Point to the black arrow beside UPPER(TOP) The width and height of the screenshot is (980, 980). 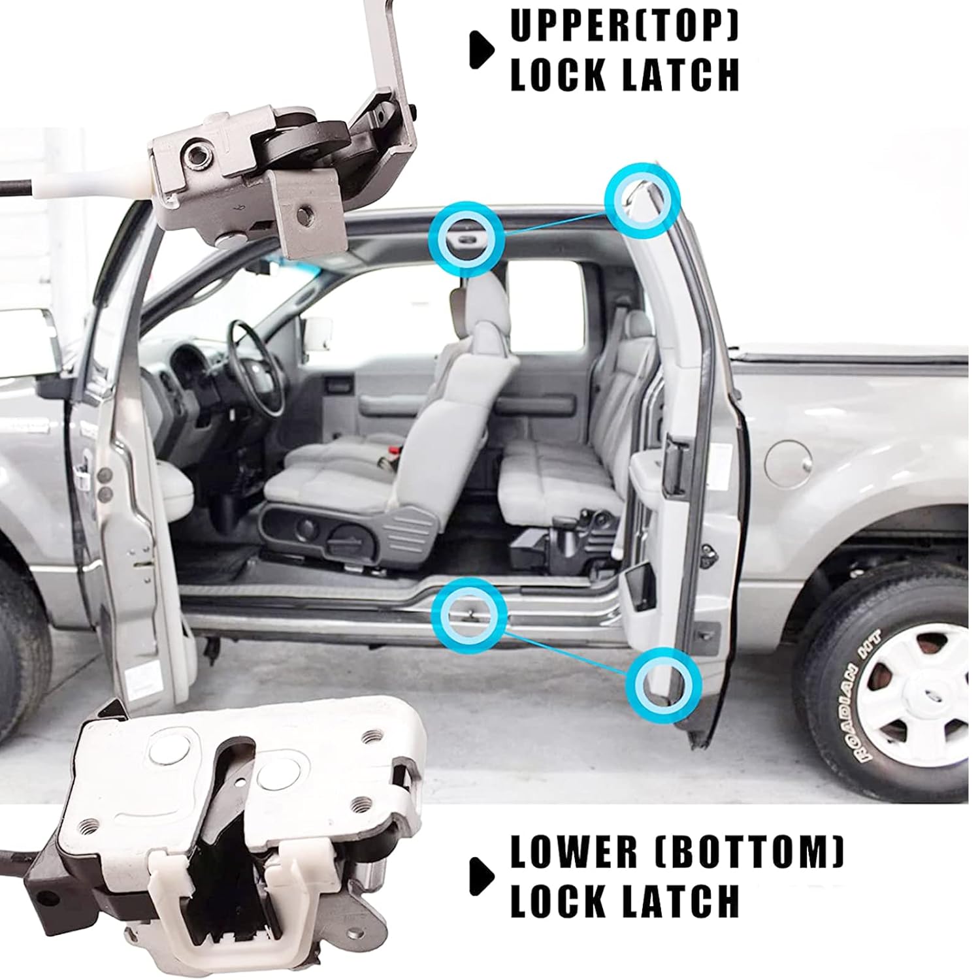482,48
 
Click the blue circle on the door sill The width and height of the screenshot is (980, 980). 469,613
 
